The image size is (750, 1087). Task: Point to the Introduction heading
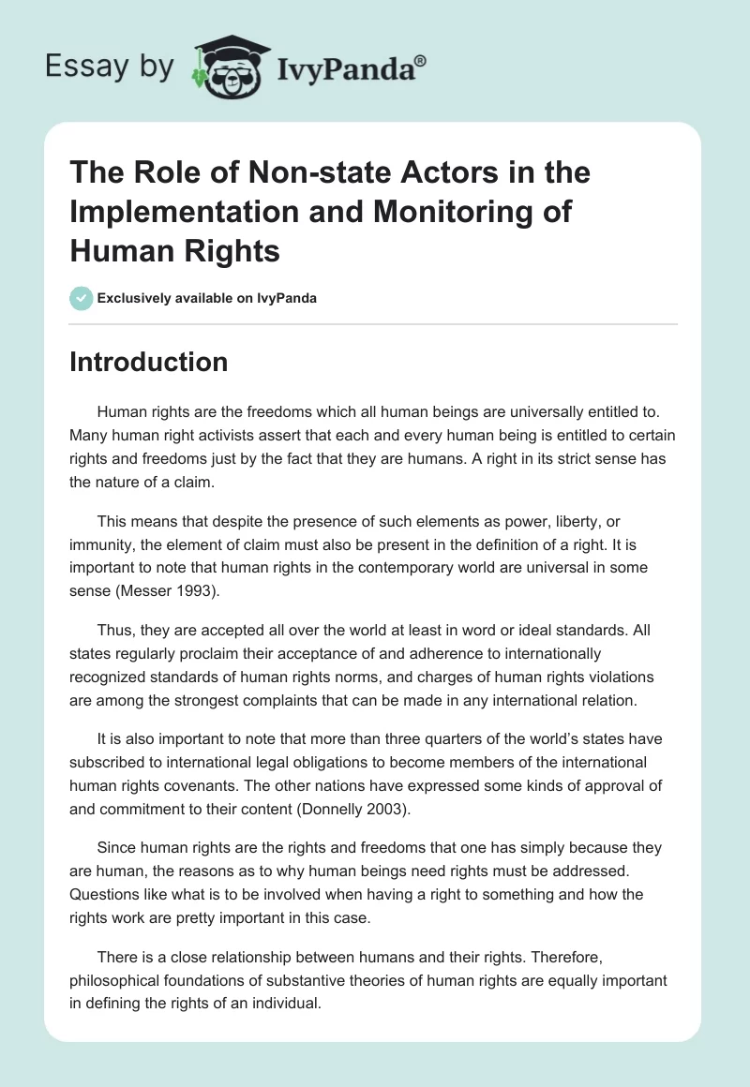pyautogui.click(x=148, y=362)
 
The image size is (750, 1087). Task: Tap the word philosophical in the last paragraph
pyautogui.click(x=115, y=981)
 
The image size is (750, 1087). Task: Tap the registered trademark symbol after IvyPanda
pyautogui.click(x=421, y=59)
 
